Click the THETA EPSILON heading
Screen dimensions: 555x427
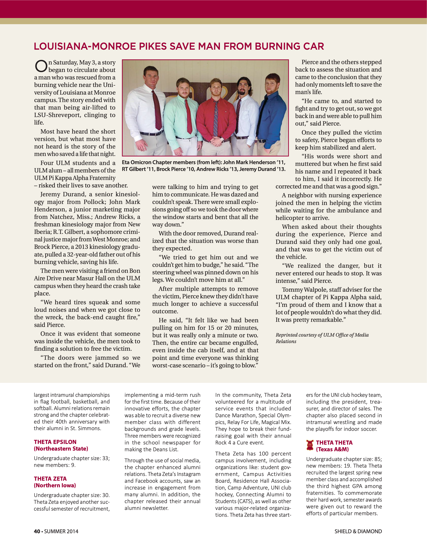(55, 442)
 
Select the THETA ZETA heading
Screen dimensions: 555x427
(50, 479)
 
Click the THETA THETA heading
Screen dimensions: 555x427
(334, 443)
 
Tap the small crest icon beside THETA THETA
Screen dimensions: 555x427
(310, 445)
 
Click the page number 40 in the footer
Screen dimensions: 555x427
(37, 531)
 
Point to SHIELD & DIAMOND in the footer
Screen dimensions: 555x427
(358, 531)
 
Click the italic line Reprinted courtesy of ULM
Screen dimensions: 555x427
(322, 335)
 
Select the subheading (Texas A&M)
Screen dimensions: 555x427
(332, 449)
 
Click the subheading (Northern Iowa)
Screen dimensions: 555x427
(55, 485)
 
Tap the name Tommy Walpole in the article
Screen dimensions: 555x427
(300, 290)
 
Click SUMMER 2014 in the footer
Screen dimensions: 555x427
(61, 531)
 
